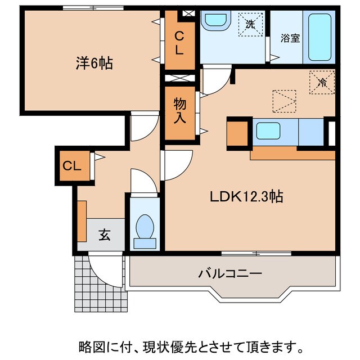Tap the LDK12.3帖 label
[246, 197]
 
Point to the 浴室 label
[290, 38]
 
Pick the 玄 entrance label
[105, 235]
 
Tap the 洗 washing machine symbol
[249, 24]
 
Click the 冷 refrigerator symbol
[322, 83]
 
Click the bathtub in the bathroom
[319, 36]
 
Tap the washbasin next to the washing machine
[215, 21]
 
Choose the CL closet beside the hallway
[74, 166]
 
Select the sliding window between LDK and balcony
[256, 254]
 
